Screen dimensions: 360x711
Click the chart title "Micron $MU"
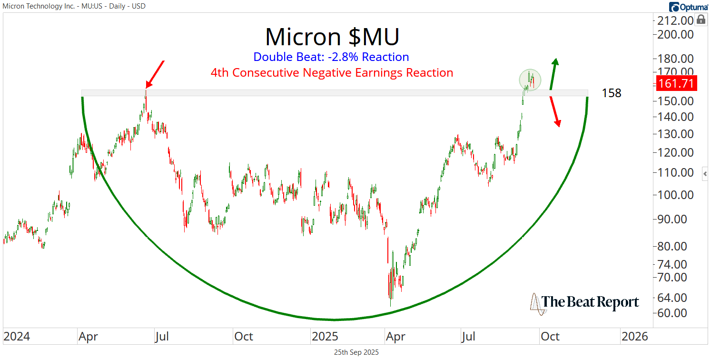click(x=332, y=37)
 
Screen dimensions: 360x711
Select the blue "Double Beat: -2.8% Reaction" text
click(x=331, y=57)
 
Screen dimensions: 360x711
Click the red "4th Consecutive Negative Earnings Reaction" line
click(x=332, y=73)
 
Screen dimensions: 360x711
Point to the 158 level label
click(x=612, y=93)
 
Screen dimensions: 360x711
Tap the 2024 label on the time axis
click(x=17, y=337)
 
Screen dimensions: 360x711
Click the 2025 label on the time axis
click(x=325, y=337)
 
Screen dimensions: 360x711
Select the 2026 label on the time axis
click(x=634, y=337)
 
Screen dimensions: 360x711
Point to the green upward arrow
click(x=553, y=74)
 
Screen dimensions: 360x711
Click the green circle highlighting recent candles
click(x=530, y=80)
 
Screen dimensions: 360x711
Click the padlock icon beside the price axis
click(x=701, y=20)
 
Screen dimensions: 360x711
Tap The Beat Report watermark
click(x=585, y=302)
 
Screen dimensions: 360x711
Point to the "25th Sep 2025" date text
click(x=355, y=352)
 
